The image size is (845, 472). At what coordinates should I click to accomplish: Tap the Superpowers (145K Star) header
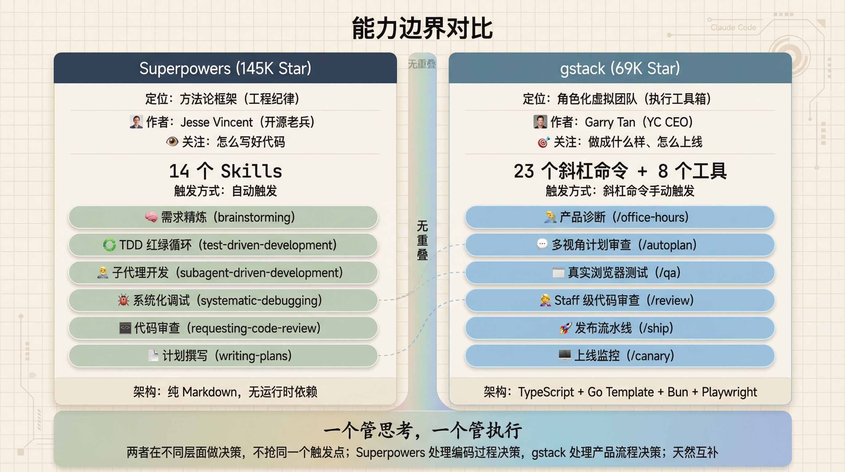[x=225, y=68]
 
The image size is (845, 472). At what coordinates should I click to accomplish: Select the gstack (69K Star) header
[x=620, y=68]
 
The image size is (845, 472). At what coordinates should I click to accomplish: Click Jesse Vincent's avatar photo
[x=136, y=122]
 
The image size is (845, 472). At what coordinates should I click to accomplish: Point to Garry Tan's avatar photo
[x=540, y=122]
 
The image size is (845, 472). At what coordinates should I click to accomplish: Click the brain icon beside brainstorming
[x=151, y=217]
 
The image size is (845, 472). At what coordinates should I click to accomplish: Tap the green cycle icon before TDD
[x=109, y=245]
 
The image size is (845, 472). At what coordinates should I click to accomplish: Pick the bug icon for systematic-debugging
[x=123, y=300]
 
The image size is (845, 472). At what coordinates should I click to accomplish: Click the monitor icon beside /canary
[x=565, y=356]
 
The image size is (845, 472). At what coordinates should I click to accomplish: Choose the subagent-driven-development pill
[x=223, y=273]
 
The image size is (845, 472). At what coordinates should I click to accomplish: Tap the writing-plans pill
[x=223, y=356]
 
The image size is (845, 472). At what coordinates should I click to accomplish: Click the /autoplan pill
[x=620, y=245]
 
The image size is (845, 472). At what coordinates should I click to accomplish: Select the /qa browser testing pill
[x=620, y=273]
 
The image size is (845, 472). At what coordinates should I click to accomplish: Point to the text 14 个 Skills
[x=225, y=171]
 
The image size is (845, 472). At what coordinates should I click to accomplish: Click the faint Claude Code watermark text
[x=733, y=28]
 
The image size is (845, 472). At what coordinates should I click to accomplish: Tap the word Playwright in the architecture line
[x=729, y=392]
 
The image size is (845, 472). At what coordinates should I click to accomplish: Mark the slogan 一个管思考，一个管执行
[x=422, y=430]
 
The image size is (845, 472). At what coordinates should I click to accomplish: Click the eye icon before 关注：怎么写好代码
[x=172, y=142]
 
